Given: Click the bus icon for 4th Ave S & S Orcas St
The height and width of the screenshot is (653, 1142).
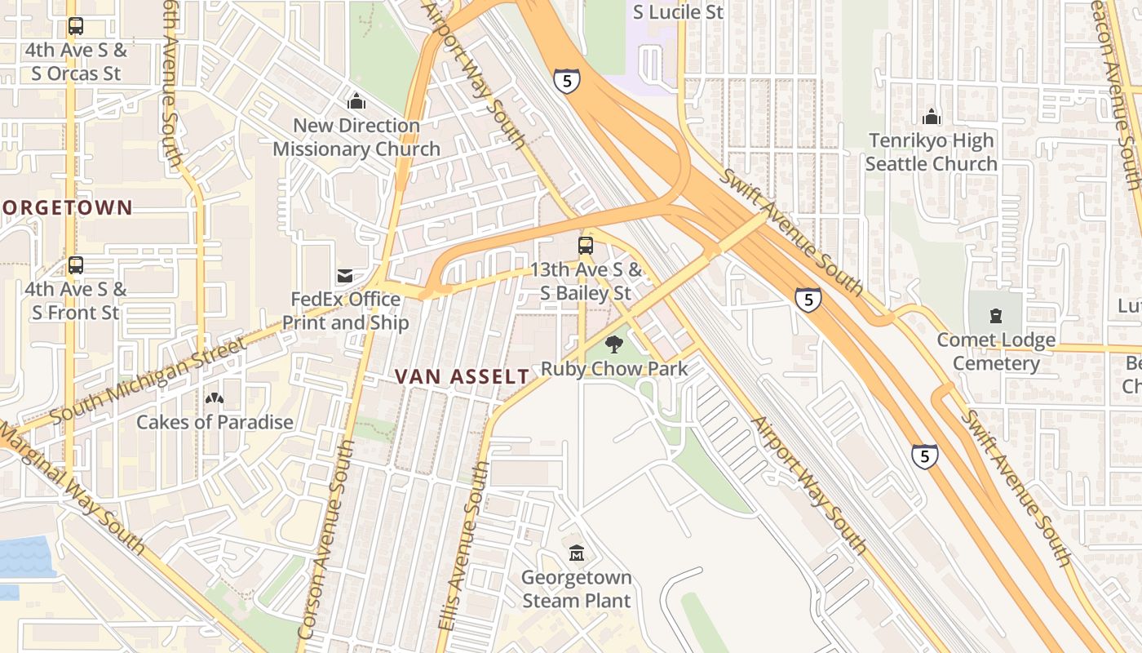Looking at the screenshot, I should coord(76,26).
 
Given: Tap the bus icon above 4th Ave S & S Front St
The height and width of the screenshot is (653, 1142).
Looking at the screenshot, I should coord(76,265).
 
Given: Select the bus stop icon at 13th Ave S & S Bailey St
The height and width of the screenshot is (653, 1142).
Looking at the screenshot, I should coord(586,245).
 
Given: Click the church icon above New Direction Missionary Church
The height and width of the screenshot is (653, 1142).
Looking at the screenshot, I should coord(356,102).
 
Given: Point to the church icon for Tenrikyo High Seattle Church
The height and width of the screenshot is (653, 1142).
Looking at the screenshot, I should coord(931,117).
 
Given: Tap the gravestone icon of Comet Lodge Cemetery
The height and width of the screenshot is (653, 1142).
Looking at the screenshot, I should coord(995,316).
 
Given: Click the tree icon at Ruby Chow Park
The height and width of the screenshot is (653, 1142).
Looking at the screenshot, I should coord(614,344).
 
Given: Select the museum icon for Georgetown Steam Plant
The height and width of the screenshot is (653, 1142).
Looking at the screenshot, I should coord(577,553).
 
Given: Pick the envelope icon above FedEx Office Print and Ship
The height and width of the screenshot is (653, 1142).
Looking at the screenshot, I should coord(345,276).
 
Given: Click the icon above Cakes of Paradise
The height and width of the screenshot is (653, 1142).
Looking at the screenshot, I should coord(215,398).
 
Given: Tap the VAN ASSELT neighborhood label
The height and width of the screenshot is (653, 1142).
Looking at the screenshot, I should coord(462,376).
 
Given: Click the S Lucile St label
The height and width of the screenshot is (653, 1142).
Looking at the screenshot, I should coord(678,12).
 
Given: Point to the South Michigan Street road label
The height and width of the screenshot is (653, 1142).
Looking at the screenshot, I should coord(148,380).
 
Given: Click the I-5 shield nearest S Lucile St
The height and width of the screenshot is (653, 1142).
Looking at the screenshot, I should coord(566,81).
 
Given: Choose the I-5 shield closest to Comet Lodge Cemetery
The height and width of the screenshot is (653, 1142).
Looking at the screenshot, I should coord(808,300).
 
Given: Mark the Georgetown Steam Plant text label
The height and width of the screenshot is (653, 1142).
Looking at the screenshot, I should coord(577,589).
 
